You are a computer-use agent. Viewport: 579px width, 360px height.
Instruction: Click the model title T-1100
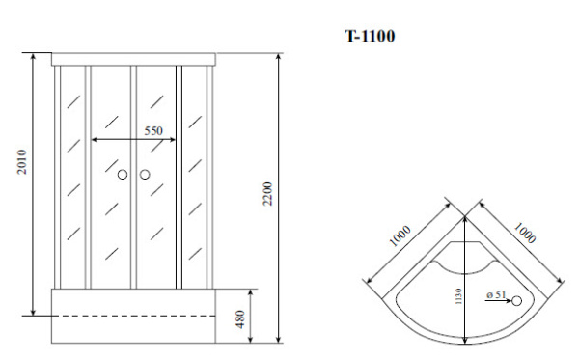(x=369, y=37)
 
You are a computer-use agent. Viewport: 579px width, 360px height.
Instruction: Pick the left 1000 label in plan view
(x=401, y=236)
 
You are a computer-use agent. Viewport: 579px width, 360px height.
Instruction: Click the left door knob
(x=123, y=175)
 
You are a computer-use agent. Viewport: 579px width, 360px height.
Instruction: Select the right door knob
(x=145, y=175)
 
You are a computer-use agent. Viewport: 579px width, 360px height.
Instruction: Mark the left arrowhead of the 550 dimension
(x=94, y=140)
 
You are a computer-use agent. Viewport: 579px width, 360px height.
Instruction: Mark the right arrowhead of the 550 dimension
(x=175, y=140)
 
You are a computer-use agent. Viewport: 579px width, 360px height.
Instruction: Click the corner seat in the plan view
(x=466, y=259)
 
